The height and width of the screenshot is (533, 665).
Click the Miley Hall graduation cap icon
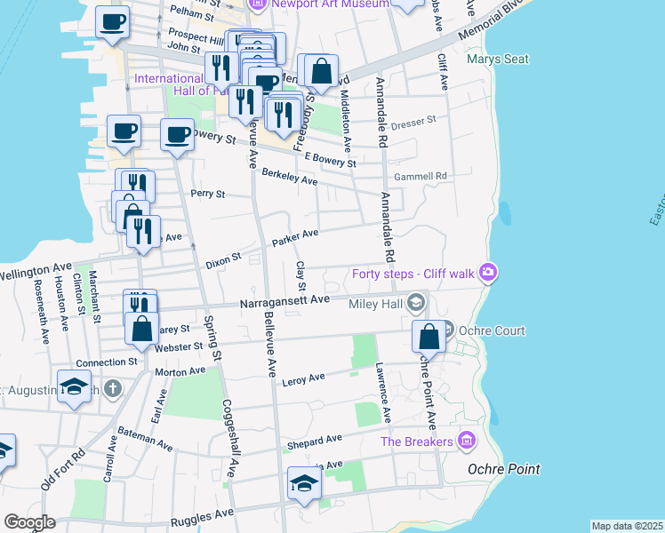point(414,304)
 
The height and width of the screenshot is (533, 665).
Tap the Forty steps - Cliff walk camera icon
point(486,273)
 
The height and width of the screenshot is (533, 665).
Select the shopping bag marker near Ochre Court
point(429,338)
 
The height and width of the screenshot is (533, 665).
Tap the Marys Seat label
point(498,60)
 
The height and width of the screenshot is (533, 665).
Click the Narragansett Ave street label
point(284,302)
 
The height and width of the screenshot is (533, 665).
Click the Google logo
point(29,522)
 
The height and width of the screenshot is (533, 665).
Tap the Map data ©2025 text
point(627,526)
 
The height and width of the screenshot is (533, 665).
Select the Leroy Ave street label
point(303,381)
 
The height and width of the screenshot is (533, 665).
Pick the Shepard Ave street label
point(314,441)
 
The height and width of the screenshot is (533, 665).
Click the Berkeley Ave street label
point(289,180)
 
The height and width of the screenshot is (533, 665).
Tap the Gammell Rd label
point(421,177)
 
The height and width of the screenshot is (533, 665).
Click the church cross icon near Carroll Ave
point(112,388)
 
